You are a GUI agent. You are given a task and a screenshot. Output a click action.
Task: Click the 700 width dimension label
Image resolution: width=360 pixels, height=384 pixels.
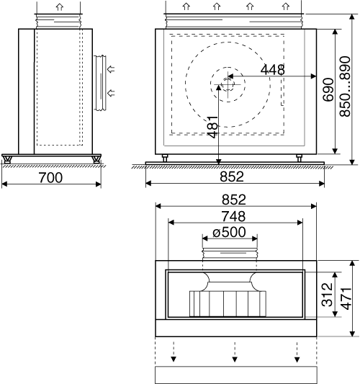(x=50, y=177)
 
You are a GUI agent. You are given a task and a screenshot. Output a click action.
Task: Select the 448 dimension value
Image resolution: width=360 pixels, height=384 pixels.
(x=273, y=70)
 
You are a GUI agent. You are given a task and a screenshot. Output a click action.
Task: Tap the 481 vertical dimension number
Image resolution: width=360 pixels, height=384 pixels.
(x=212, y=127)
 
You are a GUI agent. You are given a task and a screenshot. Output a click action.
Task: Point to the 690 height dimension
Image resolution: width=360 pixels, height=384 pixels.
(x=328, y=89)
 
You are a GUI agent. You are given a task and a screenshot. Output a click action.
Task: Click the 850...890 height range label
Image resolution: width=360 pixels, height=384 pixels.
(x=345, y=86)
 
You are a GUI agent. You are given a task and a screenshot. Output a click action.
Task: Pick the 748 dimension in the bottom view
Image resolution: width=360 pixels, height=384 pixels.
(x=233, y=216)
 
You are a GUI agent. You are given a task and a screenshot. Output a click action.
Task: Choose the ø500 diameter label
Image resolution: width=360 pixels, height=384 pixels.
(x=229, y=232)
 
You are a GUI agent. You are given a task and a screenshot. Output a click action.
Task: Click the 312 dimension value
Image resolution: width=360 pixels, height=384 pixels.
(x=327, y=295)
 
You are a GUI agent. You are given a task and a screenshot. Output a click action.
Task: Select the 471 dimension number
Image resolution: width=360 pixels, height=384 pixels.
(x=346, y=298)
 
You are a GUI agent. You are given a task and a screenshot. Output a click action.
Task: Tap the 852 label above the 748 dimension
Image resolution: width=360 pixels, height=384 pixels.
(x=234, y=200)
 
